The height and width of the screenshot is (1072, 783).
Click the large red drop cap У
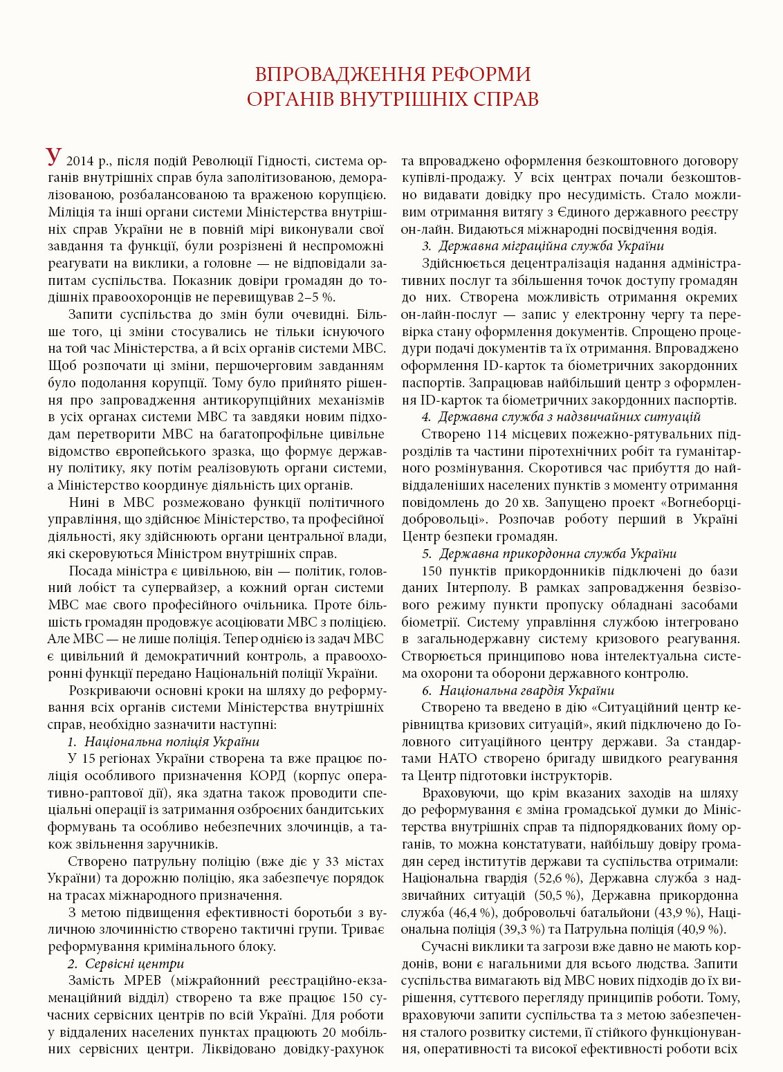55,156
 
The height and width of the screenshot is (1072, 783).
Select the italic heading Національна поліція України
172,741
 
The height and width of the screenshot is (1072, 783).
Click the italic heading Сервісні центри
135,963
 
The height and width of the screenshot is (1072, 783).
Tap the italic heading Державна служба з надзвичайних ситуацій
569,417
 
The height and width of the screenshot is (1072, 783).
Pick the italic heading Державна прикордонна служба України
558,553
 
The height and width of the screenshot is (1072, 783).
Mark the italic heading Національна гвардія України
526,690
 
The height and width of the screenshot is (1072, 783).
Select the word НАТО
458,759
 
